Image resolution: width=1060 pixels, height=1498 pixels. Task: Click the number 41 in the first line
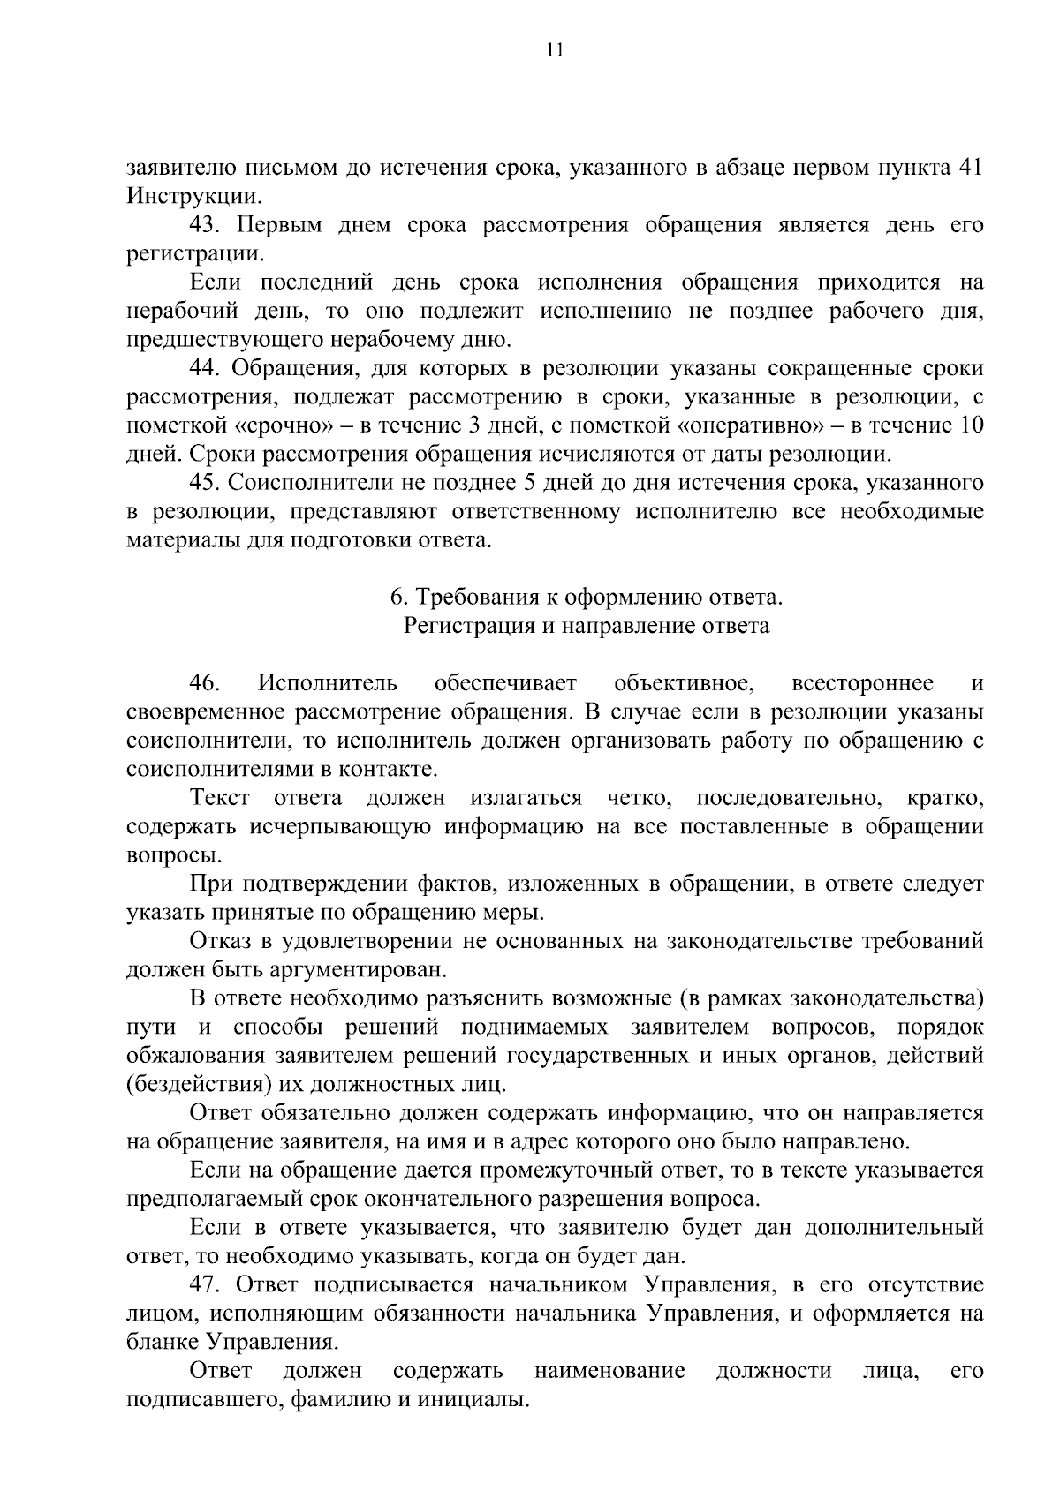(x=970, y=169)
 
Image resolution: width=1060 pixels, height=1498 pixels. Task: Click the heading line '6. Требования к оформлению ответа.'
(x=587, y=598)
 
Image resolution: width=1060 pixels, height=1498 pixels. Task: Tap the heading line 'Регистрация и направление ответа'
(x=587, y=627)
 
